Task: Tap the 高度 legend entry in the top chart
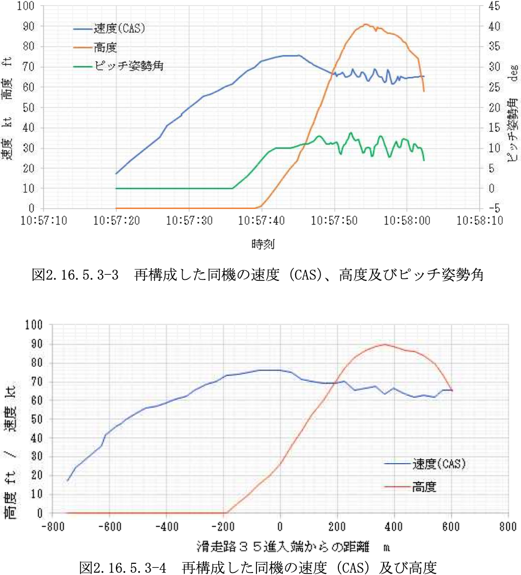(105, 48)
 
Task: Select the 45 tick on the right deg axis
(493, 6)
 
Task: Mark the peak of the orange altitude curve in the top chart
(365, 24)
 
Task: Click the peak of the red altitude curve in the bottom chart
(385, 344)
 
